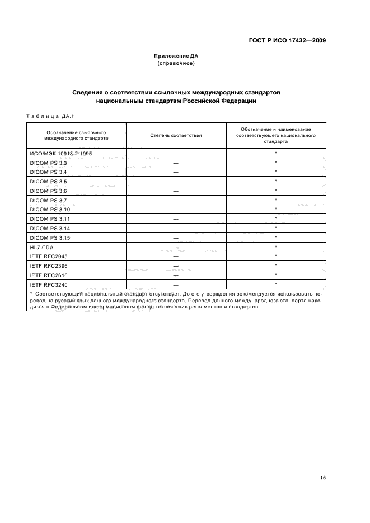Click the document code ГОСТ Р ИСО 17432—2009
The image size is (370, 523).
click(x=287, y=41)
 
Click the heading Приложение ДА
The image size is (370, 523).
click(x=176, y=56)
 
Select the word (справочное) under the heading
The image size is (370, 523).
click(x=176, y=64)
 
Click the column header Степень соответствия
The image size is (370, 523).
click(x=176, y=135)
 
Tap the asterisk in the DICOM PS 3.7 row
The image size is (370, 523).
click(x=276, y=200)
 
